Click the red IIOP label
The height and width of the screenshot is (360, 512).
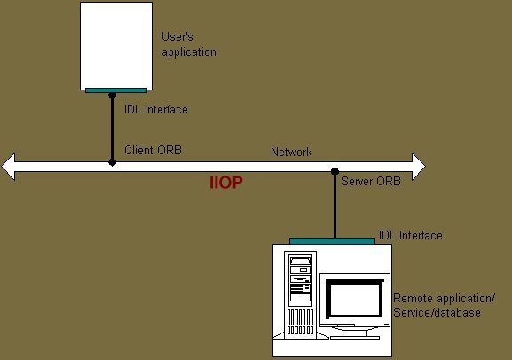(x=226, y=183)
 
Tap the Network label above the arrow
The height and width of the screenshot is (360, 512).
(x=291, y=153)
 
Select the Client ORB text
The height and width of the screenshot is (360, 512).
(x=153, y=150)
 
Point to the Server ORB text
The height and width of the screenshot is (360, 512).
(x=371, y=181)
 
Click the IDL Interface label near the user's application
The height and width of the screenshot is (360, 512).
(x=156, y=109)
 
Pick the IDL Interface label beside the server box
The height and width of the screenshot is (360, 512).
(x=411, y=235)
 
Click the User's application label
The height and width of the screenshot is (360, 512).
(x=189, y=44)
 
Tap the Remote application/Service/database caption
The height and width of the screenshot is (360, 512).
(x=444, y=306)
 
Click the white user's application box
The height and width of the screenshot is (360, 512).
(x=116, y=46)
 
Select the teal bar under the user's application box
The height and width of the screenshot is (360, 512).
(x=116, y=90)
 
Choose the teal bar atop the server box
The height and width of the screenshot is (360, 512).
(x=332, y=241)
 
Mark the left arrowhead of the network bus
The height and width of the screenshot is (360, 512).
(x=8, y=167)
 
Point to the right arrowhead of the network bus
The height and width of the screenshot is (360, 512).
(x=419, y=167)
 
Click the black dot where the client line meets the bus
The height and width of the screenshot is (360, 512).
(x=113, y=162)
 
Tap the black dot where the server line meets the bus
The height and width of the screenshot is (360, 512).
(x=335, y=171)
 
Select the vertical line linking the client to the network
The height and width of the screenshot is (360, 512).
(x=113, y=129)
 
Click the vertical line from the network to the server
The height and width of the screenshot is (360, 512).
(x=335, y=205)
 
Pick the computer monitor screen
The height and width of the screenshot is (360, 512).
(x=355, y=298)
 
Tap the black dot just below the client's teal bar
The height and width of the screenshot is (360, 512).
(x=113, y=95)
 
